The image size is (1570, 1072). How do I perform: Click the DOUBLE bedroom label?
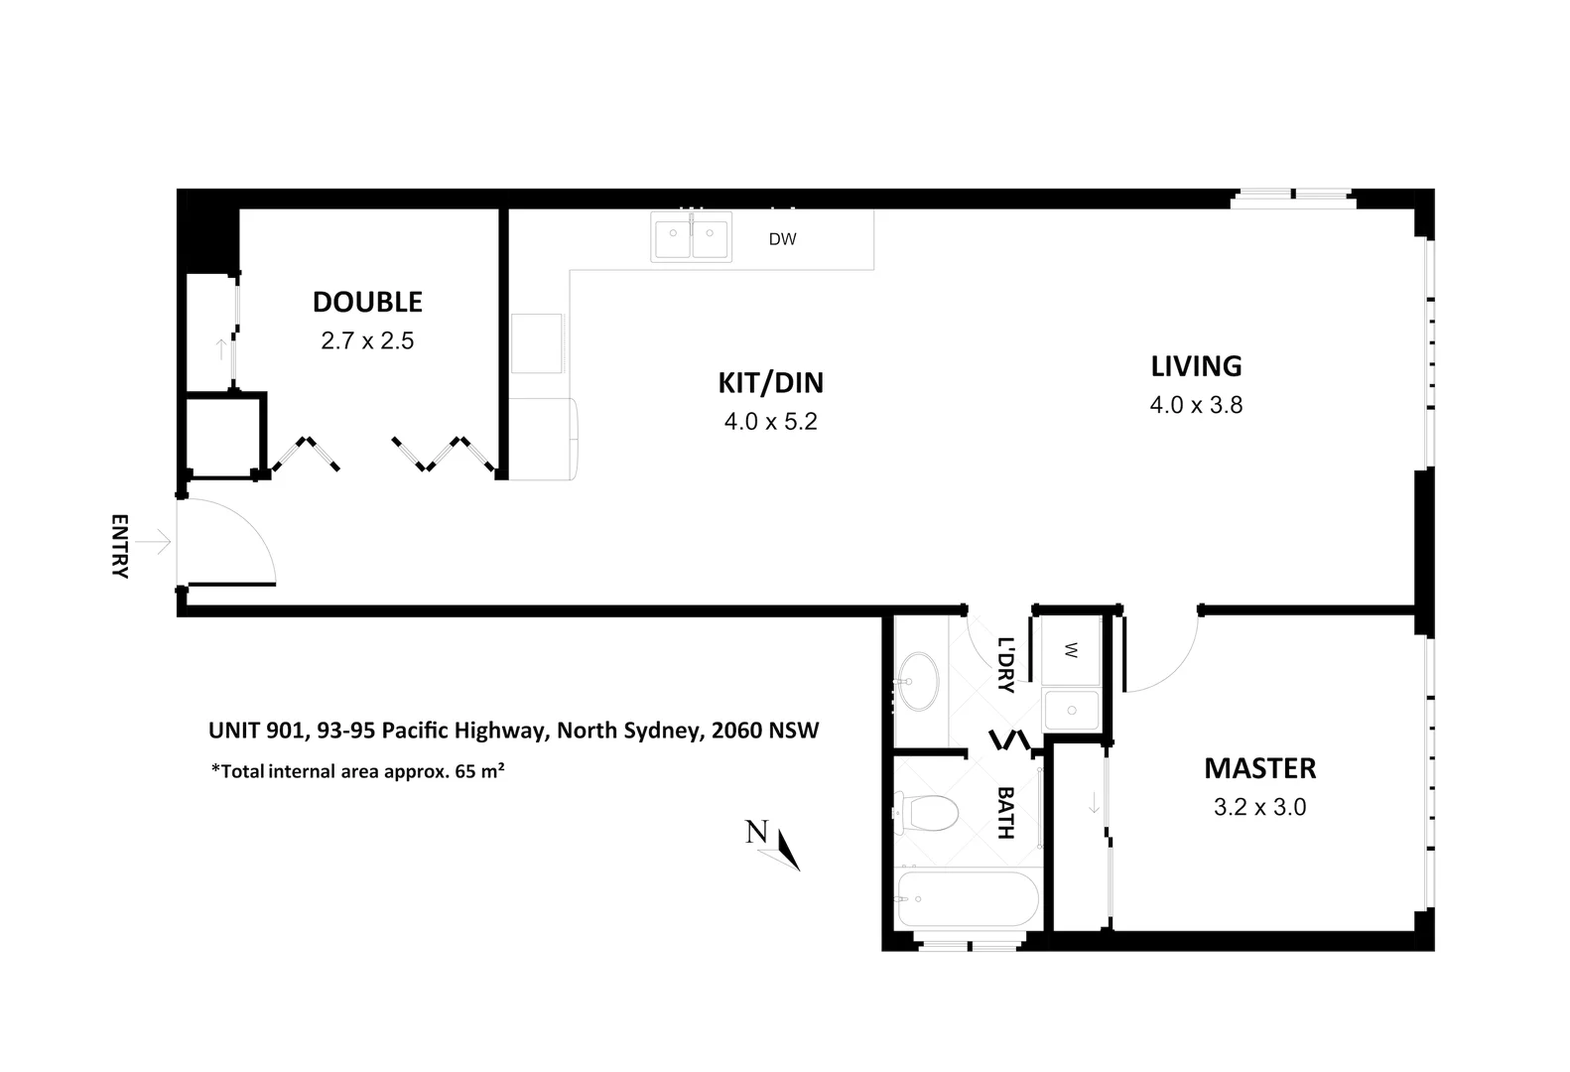[367, 302]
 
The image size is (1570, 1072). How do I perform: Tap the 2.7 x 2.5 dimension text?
[367, 341]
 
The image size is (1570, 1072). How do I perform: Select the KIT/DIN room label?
[770, 382]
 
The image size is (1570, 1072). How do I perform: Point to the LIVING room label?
[1196, 366]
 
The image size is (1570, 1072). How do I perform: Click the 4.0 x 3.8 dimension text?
[1196, 405]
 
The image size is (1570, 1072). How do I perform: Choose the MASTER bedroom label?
[1259, 768]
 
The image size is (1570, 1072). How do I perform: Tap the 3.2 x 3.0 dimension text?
[1259, 807]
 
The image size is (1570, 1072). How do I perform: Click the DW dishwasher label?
[782, 239]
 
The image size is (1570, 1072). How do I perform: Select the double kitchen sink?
[692, 237]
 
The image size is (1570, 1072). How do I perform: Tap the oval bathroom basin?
[921, 681]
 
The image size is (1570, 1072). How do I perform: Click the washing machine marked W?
[1070, 650]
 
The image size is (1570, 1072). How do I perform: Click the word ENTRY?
[119, 546]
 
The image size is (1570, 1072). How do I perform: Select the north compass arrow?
[788, 850]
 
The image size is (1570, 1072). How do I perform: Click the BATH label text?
[1005, 813]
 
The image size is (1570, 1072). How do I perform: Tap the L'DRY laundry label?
[1005, 664]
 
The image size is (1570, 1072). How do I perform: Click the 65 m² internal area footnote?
[358, 770]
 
